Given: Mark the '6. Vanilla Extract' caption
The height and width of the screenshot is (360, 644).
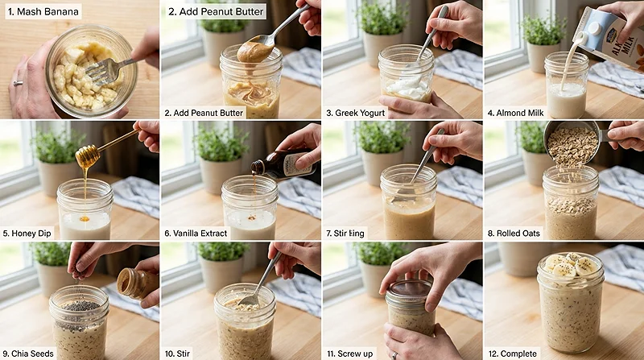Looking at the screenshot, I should coord(206,233).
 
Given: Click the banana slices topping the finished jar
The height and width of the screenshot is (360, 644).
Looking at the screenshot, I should coord(571,265).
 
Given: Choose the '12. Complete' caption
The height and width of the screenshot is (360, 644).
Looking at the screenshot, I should coord(521,352).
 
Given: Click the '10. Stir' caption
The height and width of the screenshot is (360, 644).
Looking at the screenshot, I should coord(184,352).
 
